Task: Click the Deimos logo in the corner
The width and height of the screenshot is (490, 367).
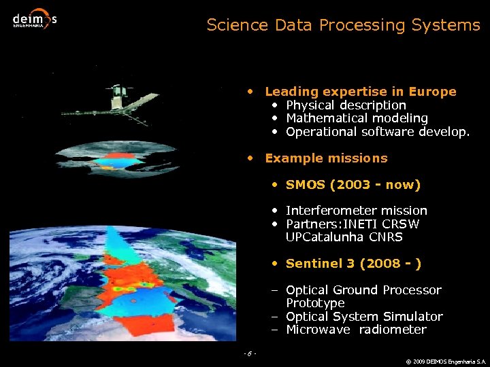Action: point(34,19)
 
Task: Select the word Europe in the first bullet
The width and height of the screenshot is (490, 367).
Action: point(434,91)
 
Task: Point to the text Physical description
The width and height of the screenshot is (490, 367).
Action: point(346,105)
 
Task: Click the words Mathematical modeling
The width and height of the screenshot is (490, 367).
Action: point(357,118)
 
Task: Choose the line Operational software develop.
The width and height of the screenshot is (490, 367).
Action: point(378,132)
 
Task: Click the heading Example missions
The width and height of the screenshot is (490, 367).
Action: point(326,158)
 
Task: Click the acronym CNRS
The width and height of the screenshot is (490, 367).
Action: point(386,237)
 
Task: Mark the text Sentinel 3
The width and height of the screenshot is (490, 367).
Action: point(319,264)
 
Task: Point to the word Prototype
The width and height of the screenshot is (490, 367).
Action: point(315,303)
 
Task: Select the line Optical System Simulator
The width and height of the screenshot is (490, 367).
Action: point(364,317)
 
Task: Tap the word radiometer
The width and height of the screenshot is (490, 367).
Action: point(393,330)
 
